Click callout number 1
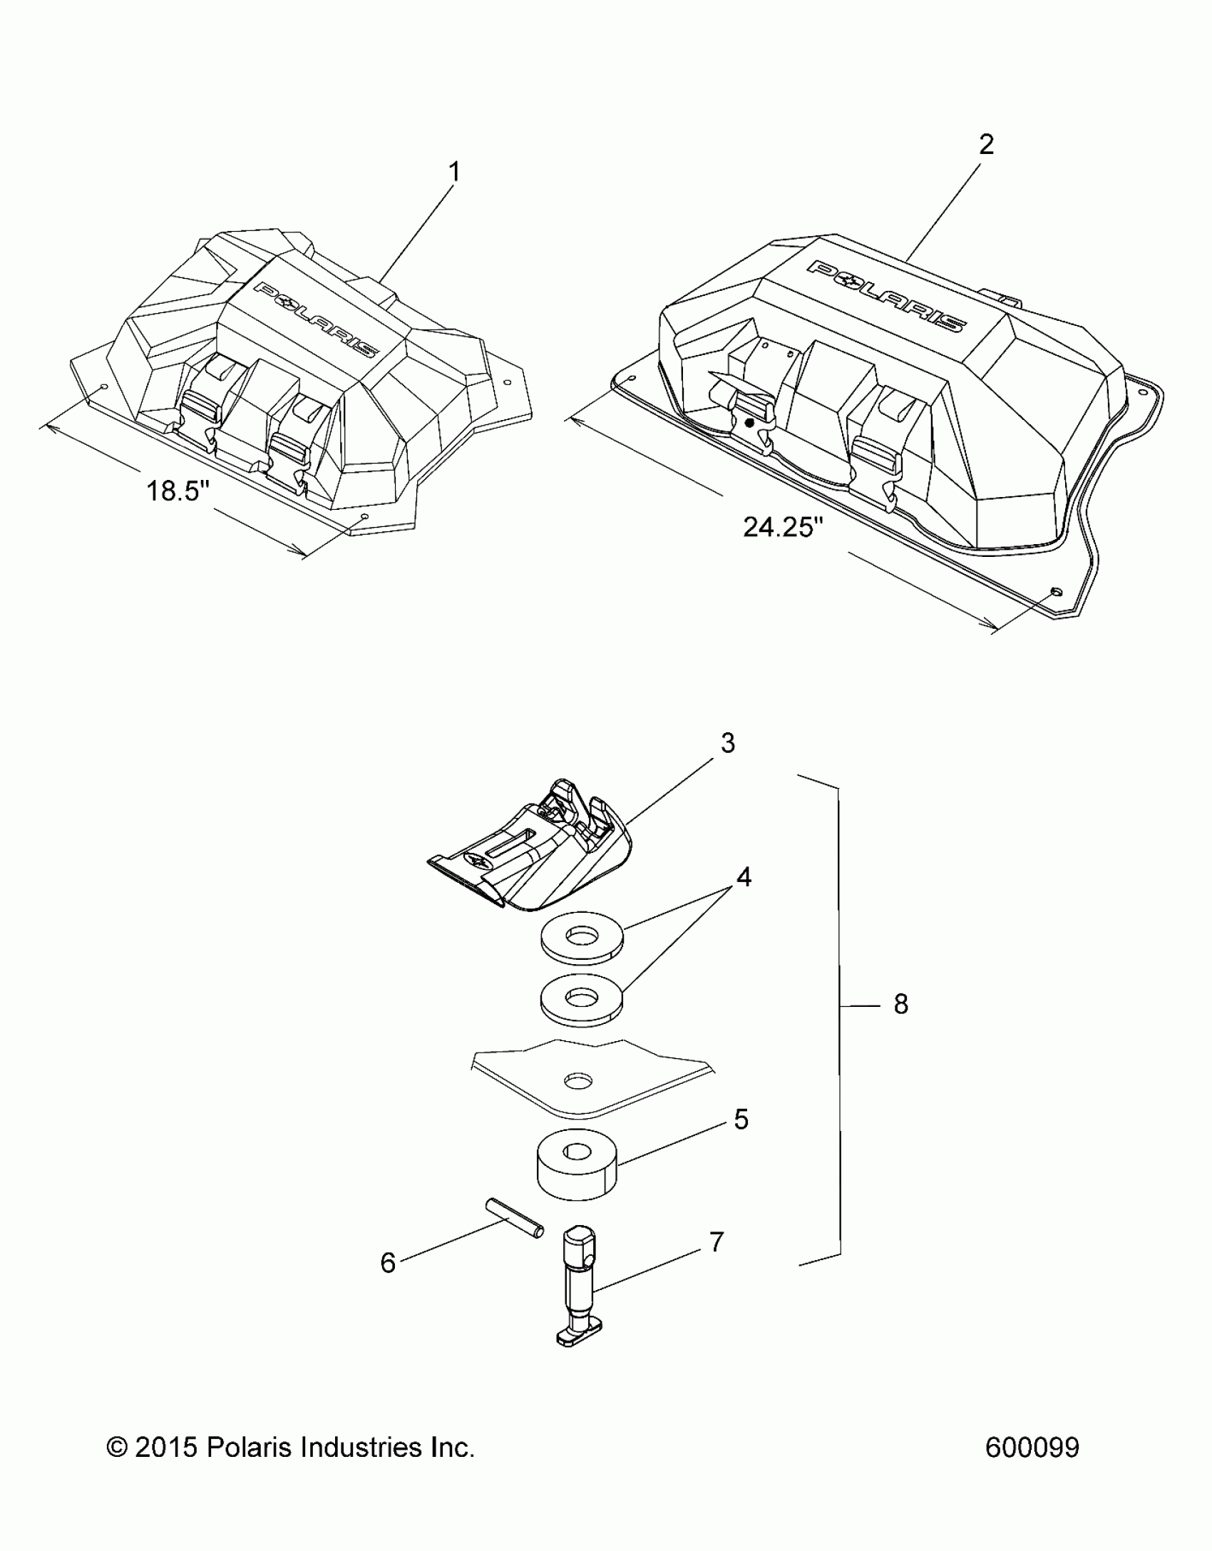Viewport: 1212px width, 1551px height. [x=453, y=173]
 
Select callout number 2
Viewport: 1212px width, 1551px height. [x=986, y=145]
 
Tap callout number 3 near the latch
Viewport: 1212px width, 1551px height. [x=727, y=743]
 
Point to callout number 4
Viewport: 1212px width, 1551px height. [x=744, y=877]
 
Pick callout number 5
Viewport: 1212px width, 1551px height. [x=741, y=1120]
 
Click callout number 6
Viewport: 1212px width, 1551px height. [x=388, y=1263]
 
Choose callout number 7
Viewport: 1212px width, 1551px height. [x=717, y=1242]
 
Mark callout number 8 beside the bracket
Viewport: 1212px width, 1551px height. [x=901, y=1005]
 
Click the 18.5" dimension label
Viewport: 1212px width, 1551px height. [x=178, y=491]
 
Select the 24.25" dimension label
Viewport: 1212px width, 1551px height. [x=783, y=528]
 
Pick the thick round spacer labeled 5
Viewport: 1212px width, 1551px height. [x=577, y=1162]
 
